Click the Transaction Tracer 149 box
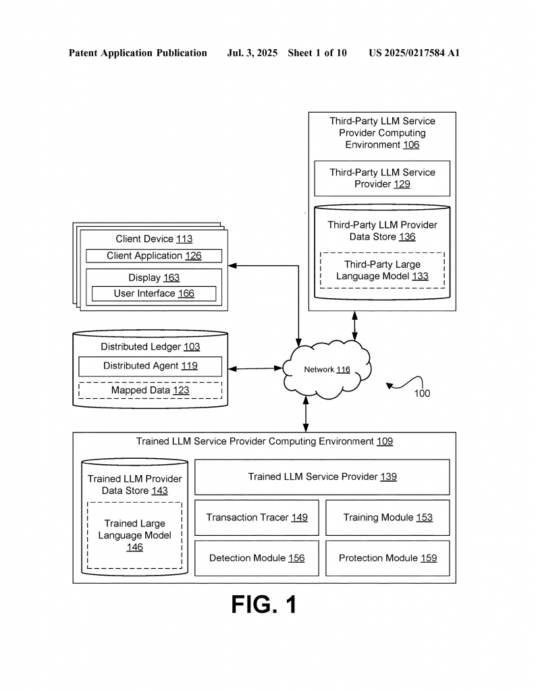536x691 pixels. click(257, 518)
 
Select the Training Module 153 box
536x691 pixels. click(387, 518)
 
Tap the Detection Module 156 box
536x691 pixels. click(257, 558)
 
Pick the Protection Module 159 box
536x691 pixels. click(387, 558)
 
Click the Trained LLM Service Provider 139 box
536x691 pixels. click(322, 477)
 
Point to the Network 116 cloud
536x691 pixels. click(327, 369)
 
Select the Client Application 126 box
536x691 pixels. click(154, 256)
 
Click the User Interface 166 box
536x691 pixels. click(154, 294)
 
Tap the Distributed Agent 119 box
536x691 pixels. click(151, 366)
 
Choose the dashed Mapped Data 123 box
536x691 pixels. click(151, 391)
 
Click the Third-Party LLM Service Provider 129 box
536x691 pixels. click(382, 178)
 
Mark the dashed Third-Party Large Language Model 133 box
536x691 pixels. click(382, 271)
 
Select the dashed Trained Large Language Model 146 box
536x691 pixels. click(134, 535)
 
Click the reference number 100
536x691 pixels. click(422, 393)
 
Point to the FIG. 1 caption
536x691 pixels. click(264, 604)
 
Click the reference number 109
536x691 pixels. click(385, 441)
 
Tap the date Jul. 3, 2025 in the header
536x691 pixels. click(252, 53)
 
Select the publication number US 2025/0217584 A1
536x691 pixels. click(414, 53)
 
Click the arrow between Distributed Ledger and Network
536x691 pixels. click(255, 368)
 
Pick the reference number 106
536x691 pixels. click(411, 145)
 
